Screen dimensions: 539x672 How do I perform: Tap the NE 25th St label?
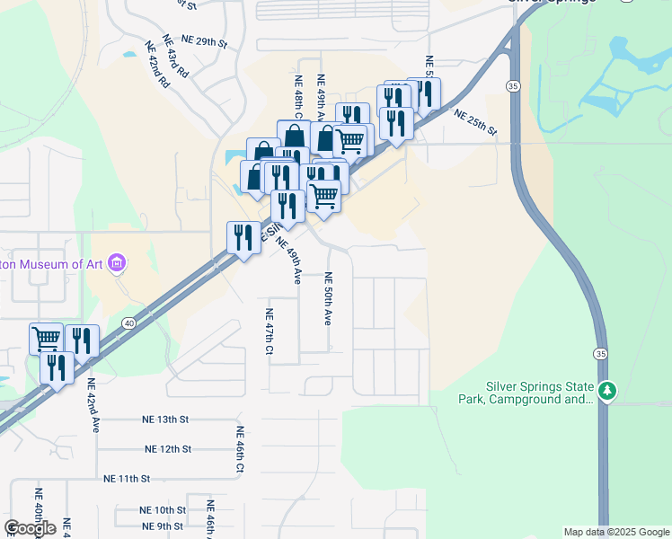point(475,122)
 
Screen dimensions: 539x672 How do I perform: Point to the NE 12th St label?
point(168,448)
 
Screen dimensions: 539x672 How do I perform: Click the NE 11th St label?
point(127,479)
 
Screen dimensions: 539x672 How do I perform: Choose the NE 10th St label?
point(163,509)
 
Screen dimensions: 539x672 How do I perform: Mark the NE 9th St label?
point(162,526)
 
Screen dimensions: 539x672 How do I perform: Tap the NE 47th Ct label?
point(268,331)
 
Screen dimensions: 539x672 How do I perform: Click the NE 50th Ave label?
point(329,298)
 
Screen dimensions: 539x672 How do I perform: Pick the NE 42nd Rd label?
point(157,64)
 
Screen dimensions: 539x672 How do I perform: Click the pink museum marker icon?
point(117,263)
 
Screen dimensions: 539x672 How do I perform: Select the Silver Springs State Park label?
point(539,393)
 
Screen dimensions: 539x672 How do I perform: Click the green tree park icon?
point(608,391)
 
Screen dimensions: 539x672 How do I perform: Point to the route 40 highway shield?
point(129,323)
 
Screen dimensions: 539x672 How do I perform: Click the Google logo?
point(30,528)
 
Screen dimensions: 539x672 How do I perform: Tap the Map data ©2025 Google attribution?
point(615,532)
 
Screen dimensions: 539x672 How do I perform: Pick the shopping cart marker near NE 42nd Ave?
point(46,338)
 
